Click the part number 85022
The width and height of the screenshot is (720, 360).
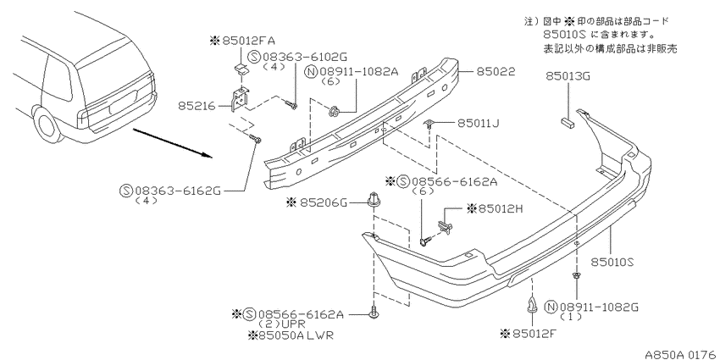point(495,72)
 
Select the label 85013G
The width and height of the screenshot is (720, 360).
point(568,75)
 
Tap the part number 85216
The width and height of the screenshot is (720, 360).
point(197,106)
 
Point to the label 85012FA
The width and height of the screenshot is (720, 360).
point(242,41)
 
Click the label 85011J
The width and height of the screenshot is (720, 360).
point(478,123)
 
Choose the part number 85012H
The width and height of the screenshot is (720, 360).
point(495,209)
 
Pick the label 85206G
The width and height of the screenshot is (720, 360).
point(317,202)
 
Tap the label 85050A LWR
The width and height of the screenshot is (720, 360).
point(291,335)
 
